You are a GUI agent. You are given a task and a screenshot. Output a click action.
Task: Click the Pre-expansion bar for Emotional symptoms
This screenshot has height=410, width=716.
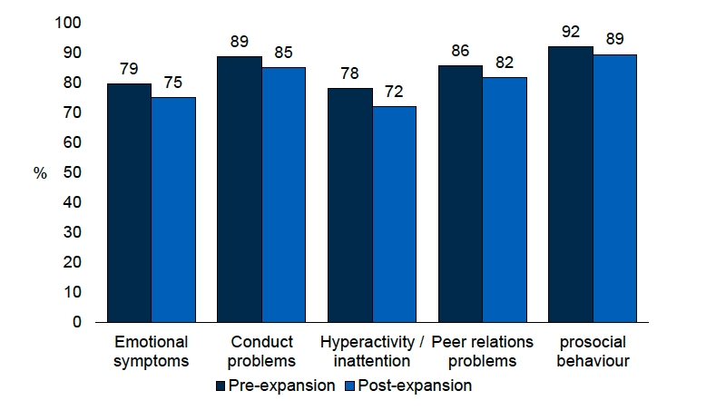coord(129,202)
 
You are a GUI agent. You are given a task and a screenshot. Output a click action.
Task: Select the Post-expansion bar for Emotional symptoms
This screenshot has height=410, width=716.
coord(173,210)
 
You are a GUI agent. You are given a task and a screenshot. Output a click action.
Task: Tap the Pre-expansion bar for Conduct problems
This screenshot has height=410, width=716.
coord(240,189)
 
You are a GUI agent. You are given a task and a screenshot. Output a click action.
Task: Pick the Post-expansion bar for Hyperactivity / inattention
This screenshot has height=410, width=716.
coord(394,214)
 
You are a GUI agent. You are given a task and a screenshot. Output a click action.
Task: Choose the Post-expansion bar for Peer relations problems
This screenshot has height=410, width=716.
coord(504,200)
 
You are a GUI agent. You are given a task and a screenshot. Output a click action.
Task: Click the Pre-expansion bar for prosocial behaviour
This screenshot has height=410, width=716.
coord(570,184)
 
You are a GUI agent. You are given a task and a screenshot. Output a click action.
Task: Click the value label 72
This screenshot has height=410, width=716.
coord(394,93)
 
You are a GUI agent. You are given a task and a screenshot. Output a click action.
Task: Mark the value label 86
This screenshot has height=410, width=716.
coord(460,51)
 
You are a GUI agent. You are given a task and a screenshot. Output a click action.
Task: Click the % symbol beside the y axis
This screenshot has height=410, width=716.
coord(40,173)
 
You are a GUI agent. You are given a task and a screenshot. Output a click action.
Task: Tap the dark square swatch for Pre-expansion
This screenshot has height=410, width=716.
coord(221,386)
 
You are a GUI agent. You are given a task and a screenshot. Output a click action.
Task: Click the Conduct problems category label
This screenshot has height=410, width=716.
coord(262,352)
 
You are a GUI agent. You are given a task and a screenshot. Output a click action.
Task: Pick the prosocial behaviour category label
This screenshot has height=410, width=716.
coord(592,352)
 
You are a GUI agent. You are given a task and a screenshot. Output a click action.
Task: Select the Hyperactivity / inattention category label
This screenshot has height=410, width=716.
coord(372,352)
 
